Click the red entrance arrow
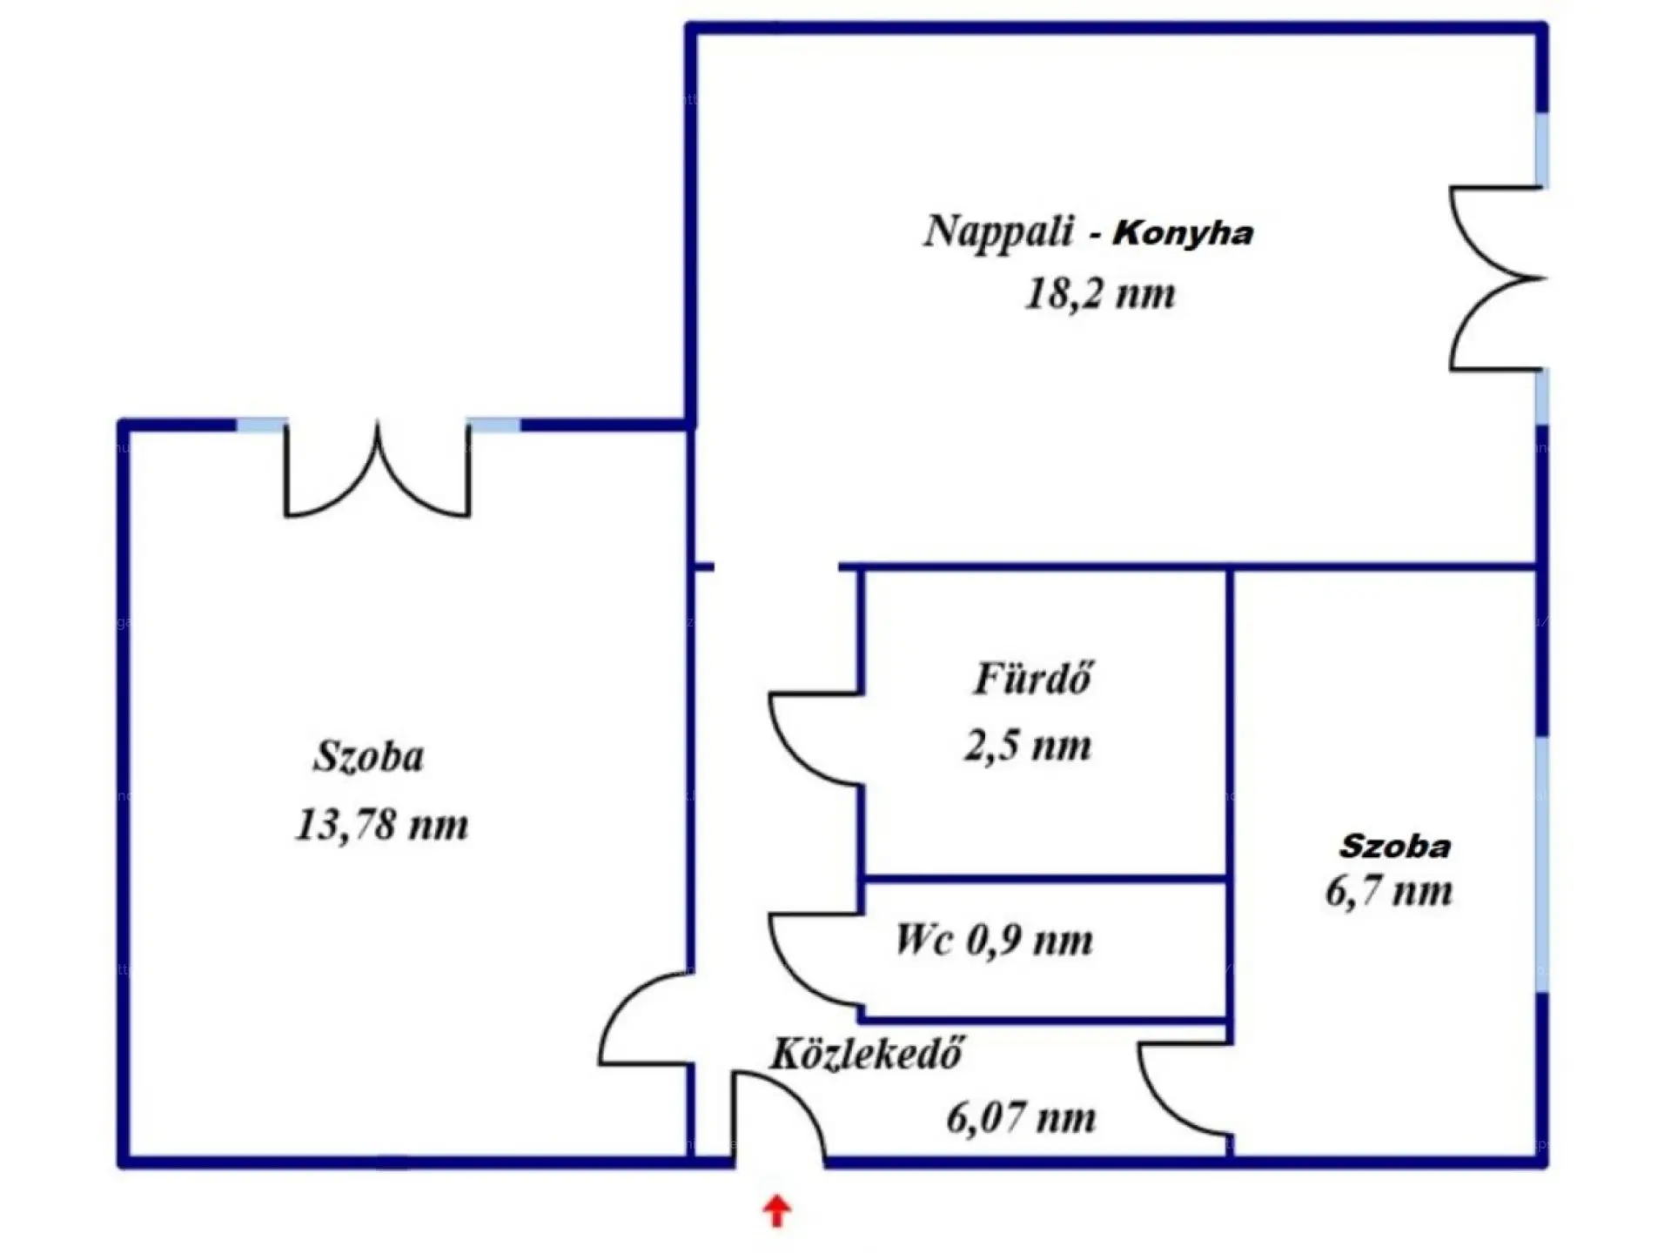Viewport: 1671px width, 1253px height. point(776,1210)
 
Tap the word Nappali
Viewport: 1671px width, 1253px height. point(998,232)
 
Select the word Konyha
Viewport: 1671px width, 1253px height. point(1184,233)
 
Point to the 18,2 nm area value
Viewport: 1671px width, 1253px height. point(1100,293)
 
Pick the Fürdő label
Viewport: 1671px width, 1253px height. point(1032,679)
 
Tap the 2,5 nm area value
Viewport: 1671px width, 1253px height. point(1027,746)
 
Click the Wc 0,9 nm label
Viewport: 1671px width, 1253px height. point(994,940)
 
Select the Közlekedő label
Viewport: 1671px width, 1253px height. point(866,1054)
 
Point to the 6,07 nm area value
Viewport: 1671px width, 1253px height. point(1021,1118)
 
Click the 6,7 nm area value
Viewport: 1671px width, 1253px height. point(1389,892)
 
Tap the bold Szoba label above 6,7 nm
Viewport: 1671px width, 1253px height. point(1394,847)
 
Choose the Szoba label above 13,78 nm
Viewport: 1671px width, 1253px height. point(369,756)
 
